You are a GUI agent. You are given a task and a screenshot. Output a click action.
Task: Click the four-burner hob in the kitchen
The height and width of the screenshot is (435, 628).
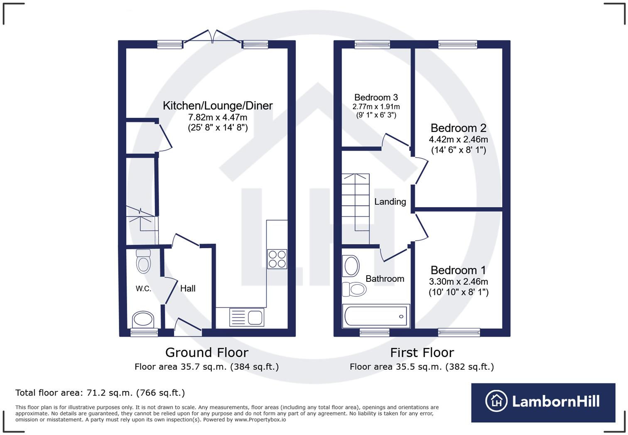click(277, 259)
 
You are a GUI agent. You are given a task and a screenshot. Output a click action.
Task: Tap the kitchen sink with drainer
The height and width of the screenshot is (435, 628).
click(247, 318)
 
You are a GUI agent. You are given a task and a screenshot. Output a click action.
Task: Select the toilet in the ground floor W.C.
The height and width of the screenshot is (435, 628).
click(143, 261)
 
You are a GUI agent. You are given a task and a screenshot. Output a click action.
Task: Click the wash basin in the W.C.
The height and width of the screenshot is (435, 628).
click(143, 320)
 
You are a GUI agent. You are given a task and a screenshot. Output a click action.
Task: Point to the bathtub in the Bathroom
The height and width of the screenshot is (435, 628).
click(376, 316)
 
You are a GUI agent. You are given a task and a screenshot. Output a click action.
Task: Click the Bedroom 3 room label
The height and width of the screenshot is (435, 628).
click(376, 98)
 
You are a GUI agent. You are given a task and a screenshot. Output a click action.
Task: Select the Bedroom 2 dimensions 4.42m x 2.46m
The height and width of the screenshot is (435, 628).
click(458, 139)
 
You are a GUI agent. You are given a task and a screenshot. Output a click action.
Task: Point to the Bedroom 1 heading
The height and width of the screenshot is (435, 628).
click(458, 270)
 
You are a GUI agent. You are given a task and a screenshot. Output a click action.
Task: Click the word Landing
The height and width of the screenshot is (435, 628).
click(390, 202)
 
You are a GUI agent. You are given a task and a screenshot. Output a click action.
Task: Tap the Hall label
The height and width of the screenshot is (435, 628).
click(188, 288)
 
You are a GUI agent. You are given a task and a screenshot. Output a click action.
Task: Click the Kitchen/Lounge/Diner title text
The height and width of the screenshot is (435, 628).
click(218, 105)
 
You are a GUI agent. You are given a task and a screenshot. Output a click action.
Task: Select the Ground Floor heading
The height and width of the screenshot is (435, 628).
click(206, 352)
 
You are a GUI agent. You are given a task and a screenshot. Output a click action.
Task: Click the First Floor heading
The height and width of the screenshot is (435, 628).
click(422, 352)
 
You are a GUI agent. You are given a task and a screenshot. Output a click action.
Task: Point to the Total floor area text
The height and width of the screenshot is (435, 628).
click(100, 393)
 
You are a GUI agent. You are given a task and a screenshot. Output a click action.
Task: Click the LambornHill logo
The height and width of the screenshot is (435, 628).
click(543, 402)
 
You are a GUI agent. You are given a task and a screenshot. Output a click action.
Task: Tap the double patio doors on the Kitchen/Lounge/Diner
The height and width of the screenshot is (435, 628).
click(212, 37)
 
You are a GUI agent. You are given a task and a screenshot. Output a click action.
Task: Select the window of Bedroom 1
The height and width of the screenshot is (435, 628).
click(459, 332)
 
